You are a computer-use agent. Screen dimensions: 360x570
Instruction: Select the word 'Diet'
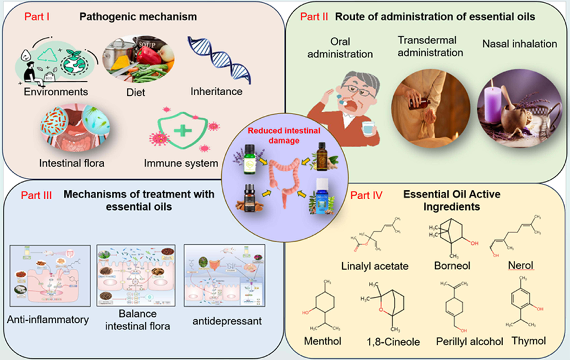137,92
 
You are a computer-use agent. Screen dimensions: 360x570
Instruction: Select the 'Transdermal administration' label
430,47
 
